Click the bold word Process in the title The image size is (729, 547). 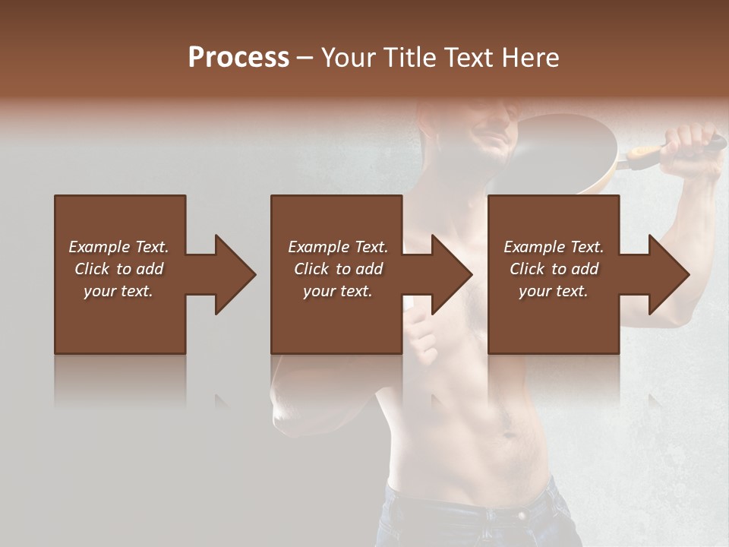(238, 58)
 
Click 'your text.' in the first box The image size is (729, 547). (118, 291)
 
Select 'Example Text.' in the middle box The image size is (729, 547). (338, 247)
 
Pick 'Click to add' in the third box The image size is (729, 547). (554, 269)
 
